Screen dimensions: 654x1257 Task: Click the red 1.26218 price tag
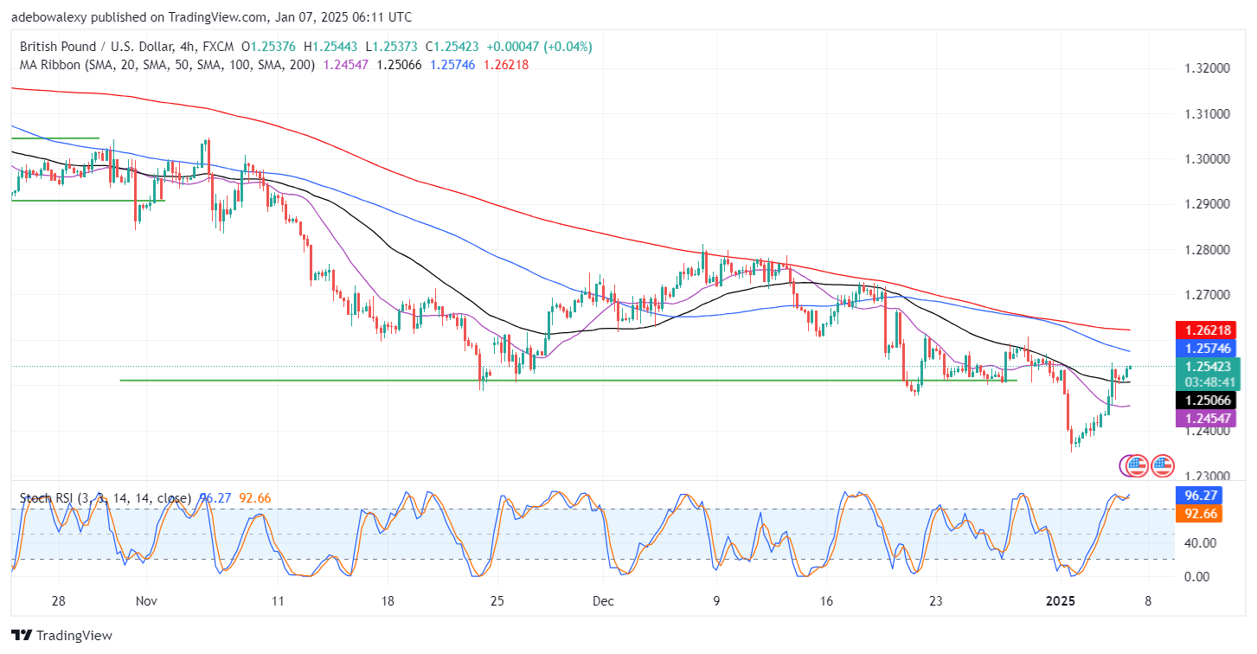pos(1208,330)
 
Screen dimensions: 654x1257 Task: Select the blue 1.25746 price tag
pos(1208,348)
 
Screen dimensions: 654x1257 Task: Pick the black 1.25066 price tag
pos(1208,401)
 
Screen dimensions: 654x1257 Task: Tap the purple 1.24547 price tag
pos(1208,419)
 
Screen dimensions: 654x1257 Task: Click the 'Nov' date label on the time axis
pos(145,601)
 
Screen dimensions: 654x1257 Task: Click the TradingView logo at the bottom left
pos(62,636)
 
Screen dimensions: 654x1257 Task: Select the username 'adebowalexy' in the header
pos(48,17)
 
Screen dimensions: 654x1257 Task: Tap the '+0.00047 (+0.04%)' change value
pos(539,47)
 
